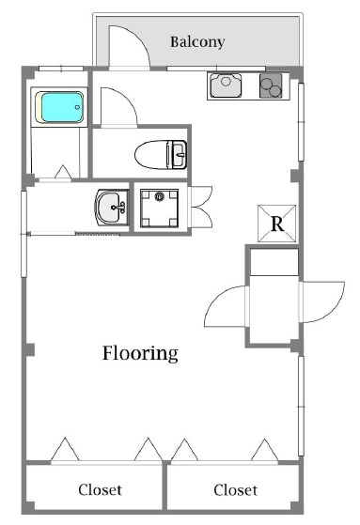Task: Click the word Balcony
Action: pyautogui.click(x=197, y=42)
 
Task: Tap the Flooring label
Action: pyautogui.click(x=140, y=353)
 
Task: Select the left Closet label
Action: pyautogui.click(x=100, y=490)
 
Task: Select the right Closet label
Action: pyautogui.click(x=235, y=490)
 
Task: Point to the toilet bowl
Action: pyautogui.click(x=151, y=154)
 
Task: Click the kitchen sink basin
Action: pyautogui.click(x=226, y=85)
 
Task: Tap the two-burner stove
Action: pyautogui.click(x=271, y=85)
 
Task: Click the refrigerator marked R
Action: pyautogui.click(x=277, y=224)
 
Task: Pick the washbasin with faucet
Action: pyautogui.click(x=112, y=208)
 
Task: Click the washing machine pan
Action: pyautogui.click(x=159, y=208)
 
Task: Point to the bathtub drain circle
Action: pyautogui.click(x=77, y=107)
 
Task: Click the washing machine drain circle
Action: pyautogui.click(x=159, y=196)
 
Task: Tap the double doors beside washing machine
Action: pyautogui.click(x=200, y=208)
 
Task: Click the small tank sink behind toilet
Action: pyautogui.click(x=178, y=154)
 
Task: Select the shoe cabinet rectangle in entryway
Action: pyautogui.click(x=274, y=262)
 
